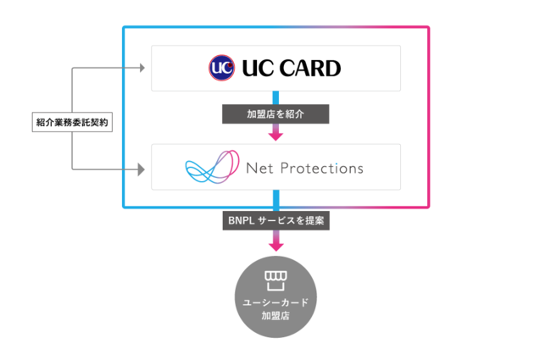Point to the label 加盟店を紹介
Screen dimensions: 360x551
coord(275,114)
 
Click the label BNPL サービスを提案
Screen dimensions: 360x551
coord(275,220)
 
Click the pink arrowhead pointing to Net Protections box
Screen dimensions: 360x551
coord(275,135)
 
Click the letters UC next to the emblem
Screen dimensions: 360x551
coord(253,68)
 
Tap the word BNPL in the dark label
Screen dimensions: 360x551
coord(240,220)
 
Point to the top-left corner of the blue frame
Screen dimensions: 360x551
coord(124,27)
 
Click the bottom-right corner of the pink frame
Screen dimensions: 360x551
coord(428,207)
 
